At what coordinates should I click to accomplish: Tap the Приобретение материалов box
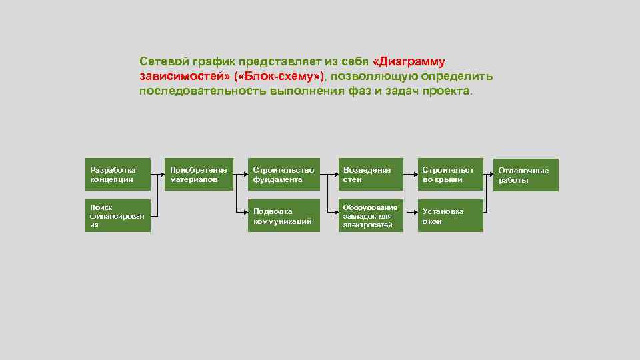pos(199,175)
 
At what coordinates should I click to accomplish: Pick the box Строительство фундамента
pos(283,175)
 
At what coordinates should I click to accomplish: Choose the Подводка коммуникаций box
pos(283,216)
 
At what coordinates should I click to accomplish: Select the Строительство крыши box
pos(450,175)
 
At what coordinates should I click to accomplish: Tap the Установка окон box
pos(450,216)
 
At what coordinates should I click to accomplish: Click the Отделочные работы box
pos(526,175)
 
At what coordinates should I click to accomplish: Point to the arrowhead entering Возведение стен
pos(334,175)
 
